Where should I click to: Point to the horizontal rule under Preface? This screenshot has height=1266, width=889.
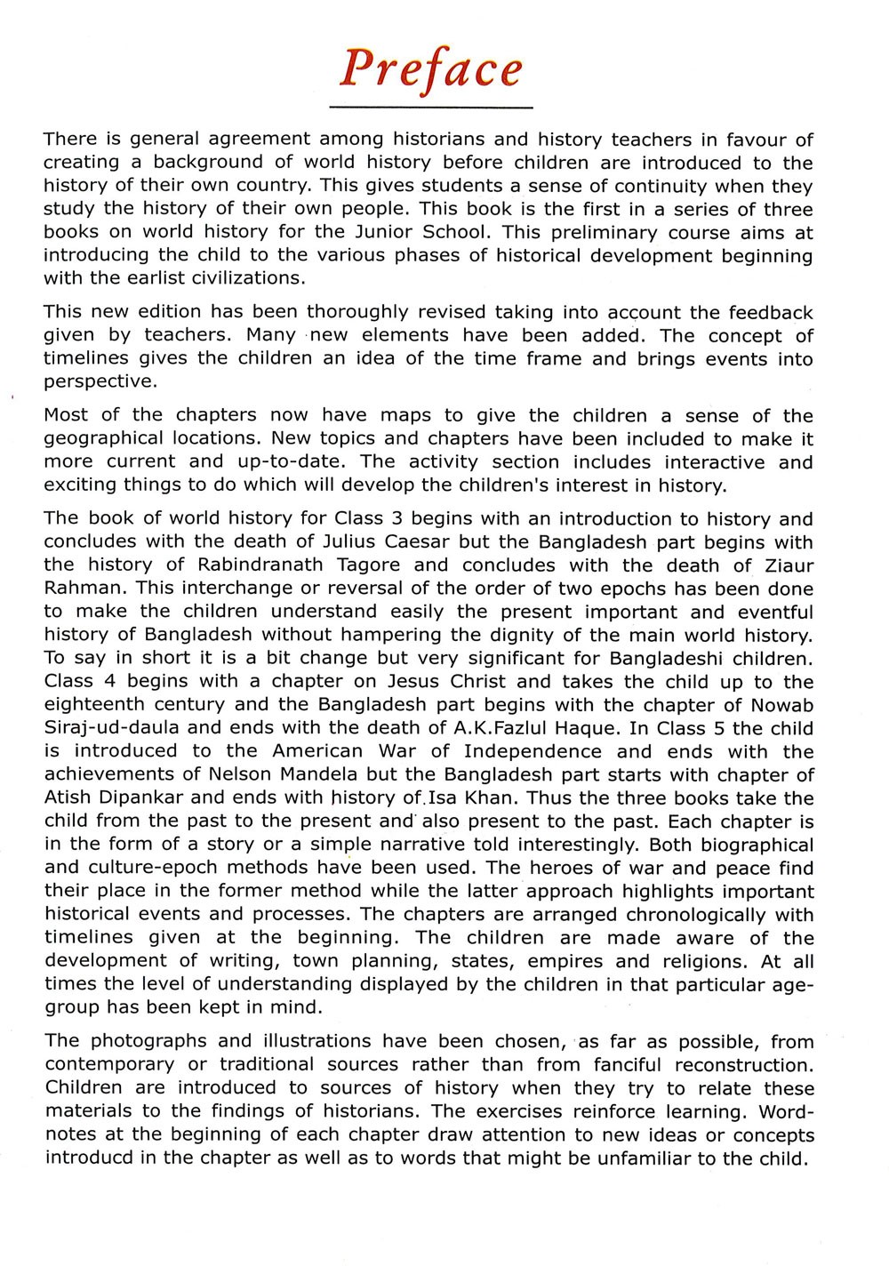coord(431,108)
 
